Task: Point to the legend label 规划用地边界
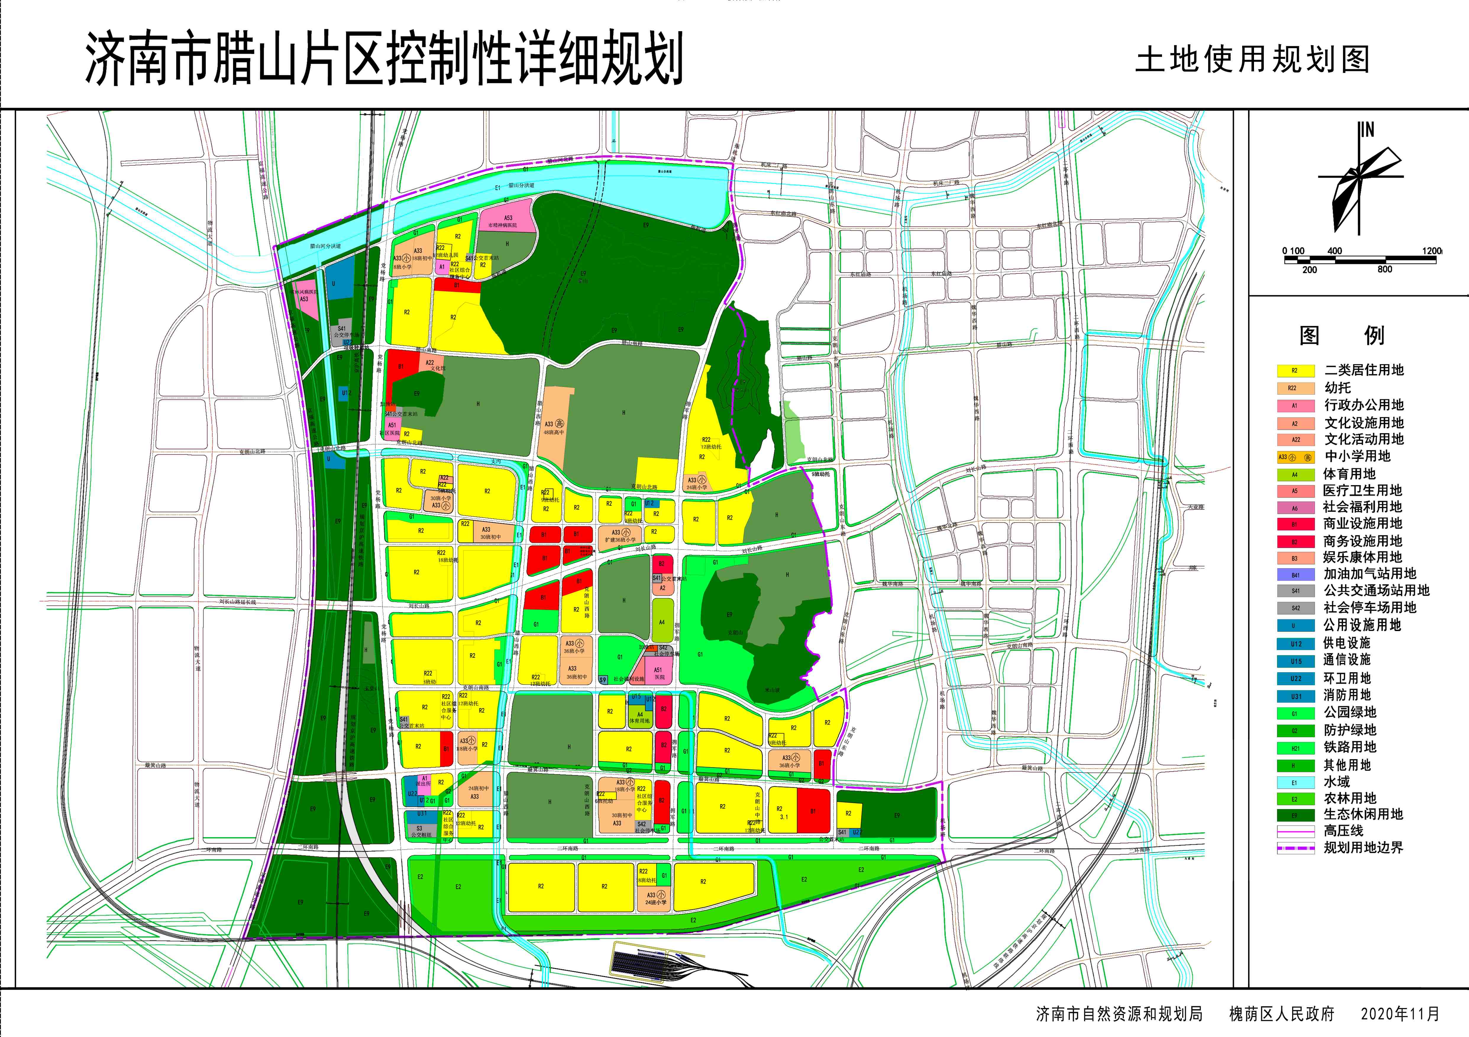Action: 1363,848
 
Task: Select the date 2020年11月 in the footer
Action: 1400,1014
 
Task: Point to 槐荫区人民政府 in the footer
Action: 1281,1014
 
